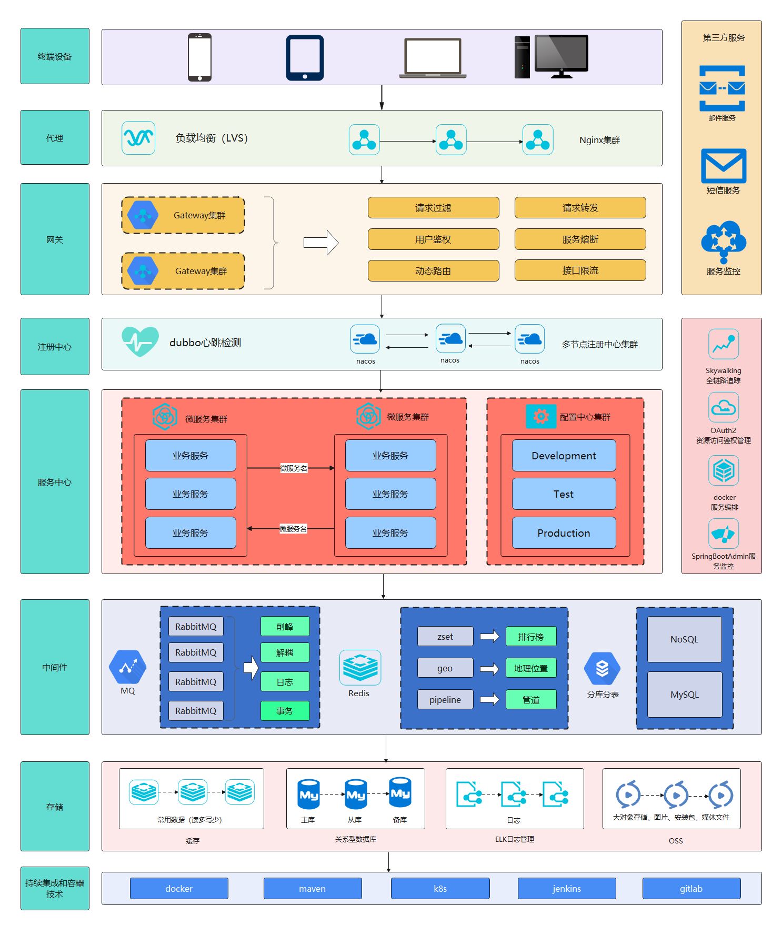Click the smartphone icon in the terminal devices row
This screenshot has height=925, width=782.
click(199, 57)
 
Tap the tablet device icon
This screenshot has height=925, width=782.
click(305, 57)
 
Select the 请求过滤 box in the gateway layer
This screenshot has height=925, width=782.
click(433, 208)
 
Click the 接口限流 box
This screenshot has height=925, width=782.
click(580, 270)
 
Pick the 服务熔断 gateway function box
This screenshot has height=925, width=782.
click(580, 239)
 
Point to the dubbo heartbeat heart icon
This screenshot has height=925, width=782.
click(140, 341)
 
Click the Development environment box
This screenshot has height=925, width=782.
click(564, 456)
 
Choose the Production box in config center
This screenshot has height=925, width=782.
click(564, 533)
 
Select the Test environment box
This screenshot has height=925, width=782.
click(564, 494)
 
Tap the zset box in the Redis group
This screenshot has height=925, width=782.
click(445, 637)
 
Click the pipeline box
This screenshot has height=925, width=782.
click(445, 700)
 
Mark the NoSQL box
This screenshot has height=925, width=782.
click(684, 639)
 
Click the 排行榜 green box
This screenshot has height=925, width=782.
click(530, 637)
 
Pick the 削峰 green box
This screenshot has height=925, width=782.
click(285, 627)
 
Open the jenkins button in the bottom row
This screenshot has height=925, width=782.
click(567, 889)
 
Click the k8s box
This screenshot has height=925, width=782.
click(440, 889)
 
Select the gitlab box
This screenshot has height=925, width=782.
click(691, 889)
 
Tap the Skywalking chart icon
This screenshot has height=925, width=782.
click(723, 344)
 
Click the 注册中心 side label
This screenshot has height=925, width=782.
click(55, 347)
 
